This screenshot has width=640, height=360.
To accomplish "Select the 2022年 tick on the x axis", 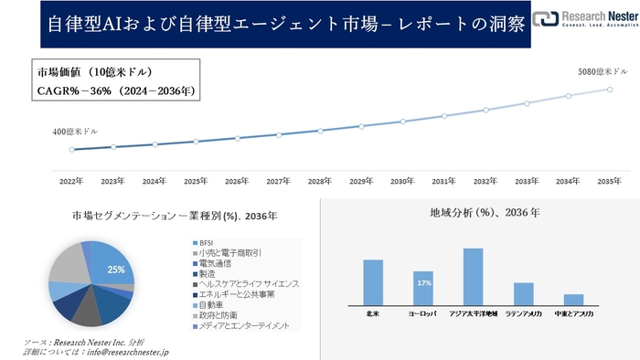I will (71, 182).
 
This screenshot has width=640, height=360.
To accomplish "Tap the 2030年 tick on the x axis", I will (403, 182).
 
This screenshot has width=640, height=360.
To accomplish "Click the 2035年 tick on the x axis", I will (610, 182).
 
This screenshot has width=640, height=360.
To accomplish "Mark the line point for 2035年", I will (610, 89).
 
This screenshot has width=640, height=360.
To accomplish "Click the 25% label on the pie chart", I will (115, 270).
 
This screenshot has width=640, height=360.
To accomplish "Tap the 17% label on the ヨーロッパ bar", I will (423, 283).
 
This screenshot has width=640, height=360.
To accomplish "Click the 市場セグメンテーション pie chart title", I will (174, 216).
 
